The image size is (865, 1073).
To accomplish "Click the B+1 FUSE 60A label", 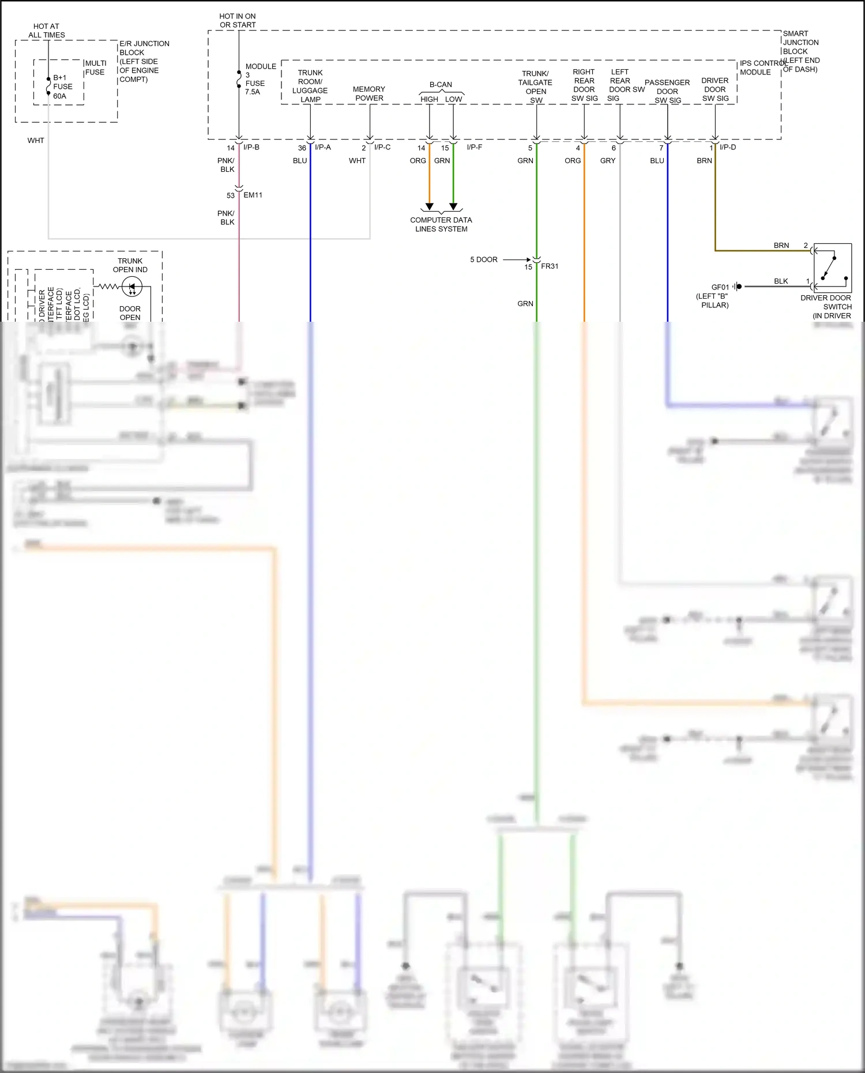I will tap(62, 86).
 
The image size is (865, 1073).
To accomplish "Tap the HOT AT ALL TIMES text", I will tap(46, 31).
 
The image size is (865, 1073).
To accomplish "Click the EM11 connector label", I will tap(253, 195).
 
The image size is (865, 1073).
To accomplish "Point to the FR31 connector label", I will tap(550, 266).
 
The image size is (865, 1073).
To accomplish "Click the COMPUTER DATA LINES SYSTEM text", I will tap(441, 224).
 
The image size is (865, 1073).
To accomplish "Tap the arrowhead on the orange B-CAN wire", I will tap(429, 206).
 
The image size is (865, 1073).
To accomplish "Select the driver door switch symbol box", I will tap(832, 268).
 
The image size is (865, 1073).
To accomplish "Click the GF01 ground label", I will tap(720, 287).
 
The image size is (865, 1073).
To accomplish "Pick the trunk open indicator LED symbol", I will tap(132, 287).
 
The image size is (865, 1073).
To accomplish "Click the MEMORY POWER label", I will tap(369, 93).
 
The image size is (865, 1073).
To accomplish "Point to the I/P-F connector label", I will tap(474, 147).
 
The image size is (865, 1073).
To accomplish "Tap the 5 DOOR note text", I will tap(483, 259).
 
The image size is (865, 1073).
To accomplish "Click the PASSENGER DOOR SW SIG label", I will tap(667, 91).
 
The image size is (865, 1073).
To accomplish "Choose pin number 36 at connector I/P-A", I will tap(302, 148).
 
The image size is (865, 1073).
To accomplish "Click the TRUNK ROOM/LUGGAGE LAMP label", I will tap(310, 86).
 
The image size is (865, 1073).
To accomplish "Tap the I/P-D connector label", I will tap(728, 147).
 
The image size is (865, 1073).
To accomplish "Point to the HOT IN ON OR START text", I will tap(238, 20).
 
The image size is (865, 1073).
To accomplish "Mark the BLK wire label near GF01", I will tap(781, 281).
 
